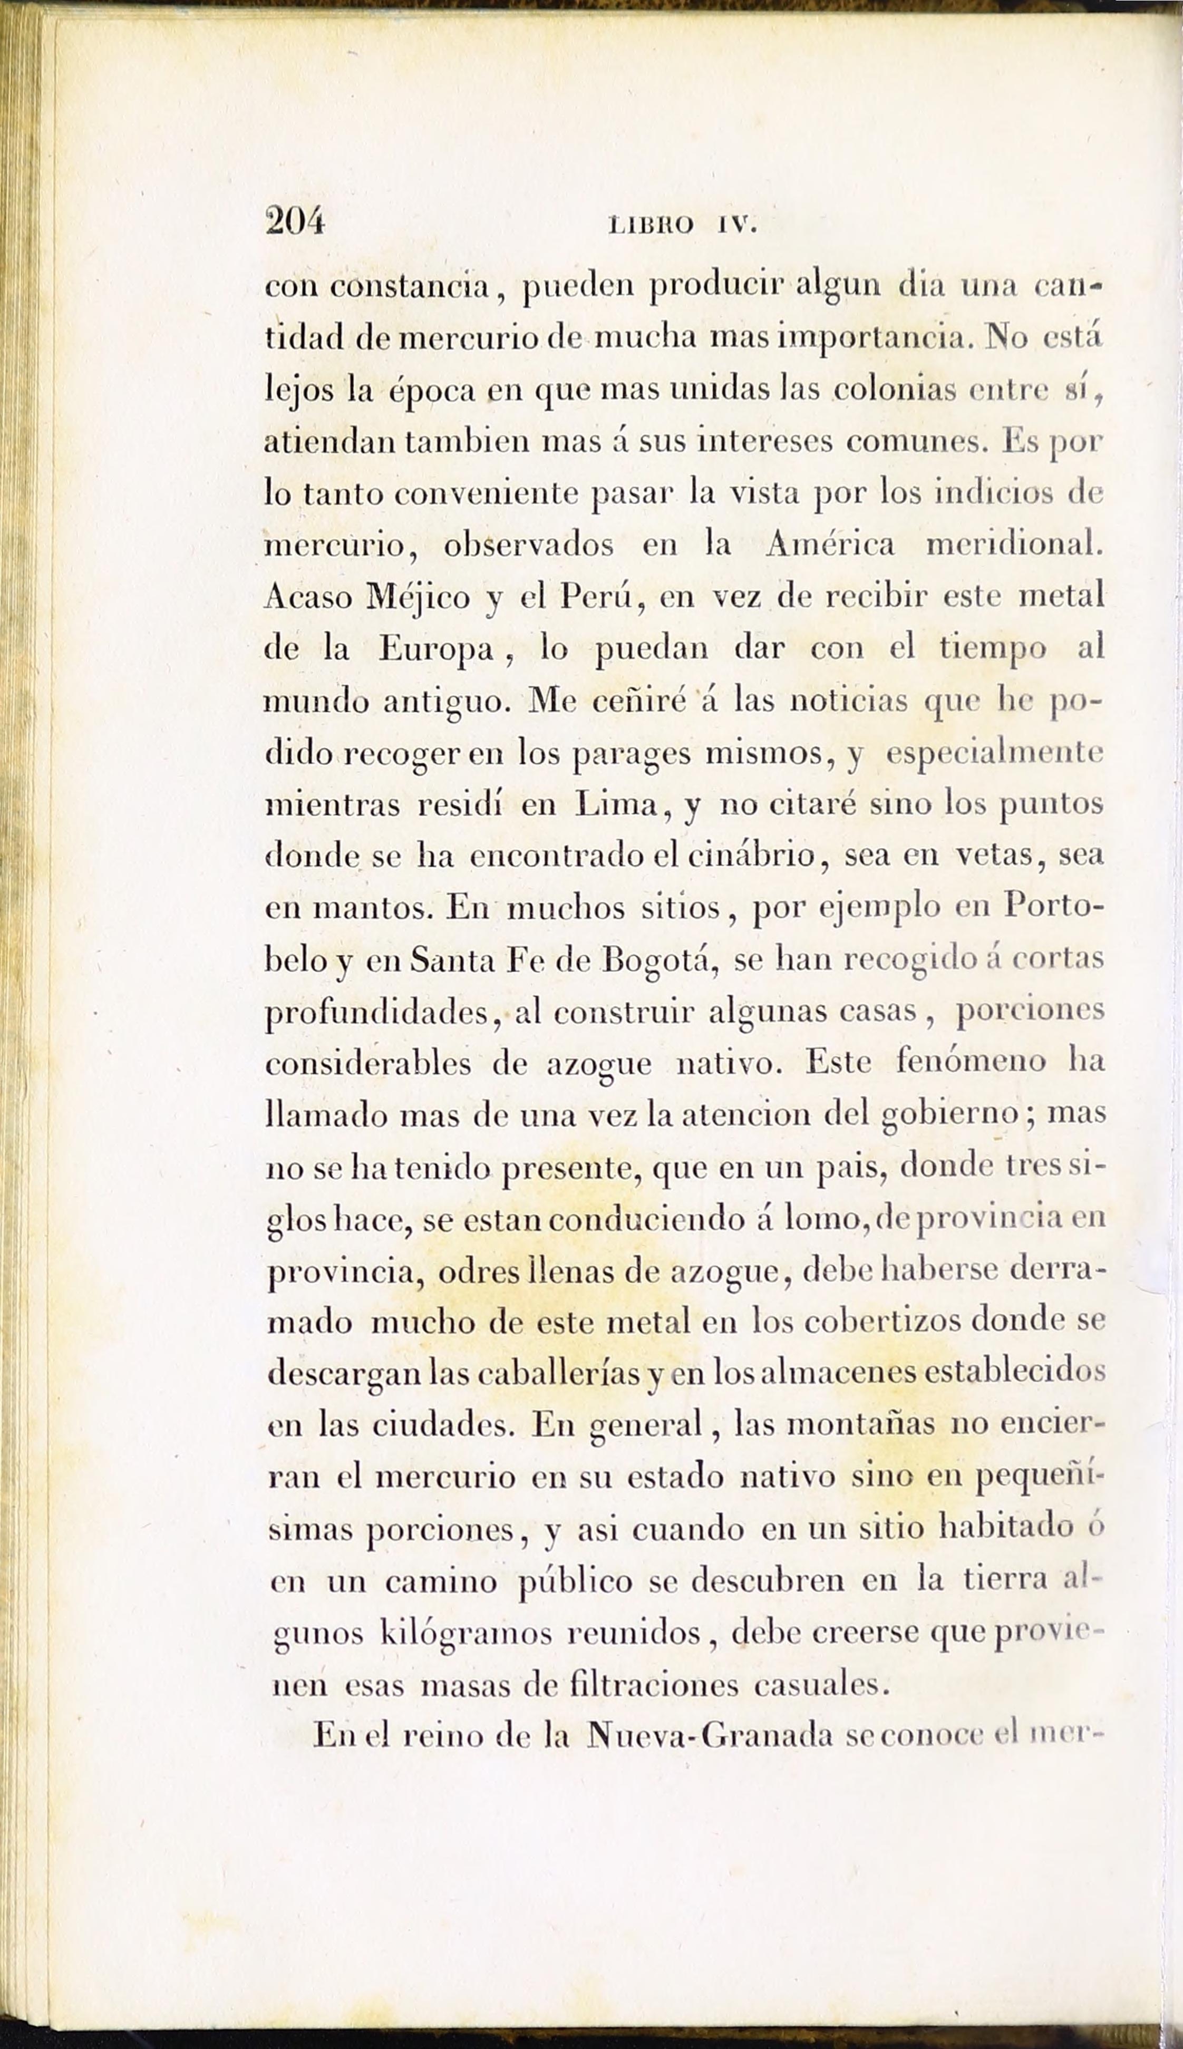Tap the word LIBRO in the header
[x=651, y=224]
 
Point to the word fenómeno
[x=971, y=1063]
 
